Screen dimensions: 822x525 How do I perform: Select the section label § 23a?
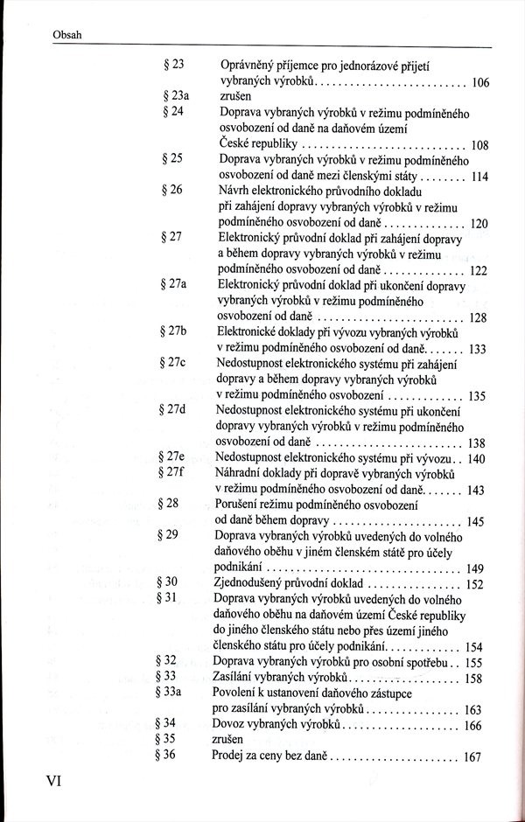(x=178, y=98)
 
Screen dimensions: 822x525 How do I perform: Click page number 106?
(x=479, y=84)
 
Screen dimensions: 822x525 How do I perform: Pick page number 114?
(x=479, y=176)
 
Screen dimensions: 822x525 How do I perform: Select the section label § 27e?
(x=178, y=457)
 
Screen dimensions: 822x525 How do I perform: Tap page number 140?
(x=476, y=458)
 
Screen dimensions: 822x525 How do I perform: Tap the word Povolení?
(x=235, y=692)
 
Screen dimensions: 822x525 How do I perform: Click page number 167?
(x=473, y=757)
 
